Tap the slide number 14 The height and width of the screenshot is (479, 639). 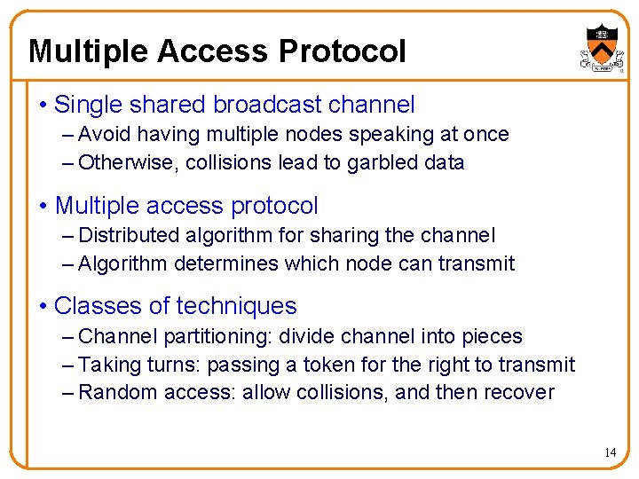[610, 452]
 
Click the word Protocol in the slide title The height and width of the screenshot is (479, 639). [342, 51]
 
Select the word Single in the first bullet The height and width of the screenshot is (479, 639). [86, 105]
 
